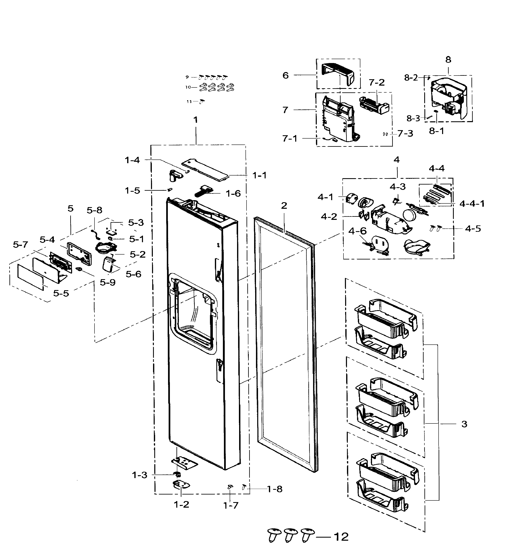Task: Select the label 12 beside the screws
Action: tap(341, 537)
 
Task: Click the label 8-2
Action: tap(411, 78)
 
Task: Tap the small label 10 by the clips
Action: tap(188, 87)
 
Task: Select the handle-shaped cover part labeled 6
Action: tap(338, 74)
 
